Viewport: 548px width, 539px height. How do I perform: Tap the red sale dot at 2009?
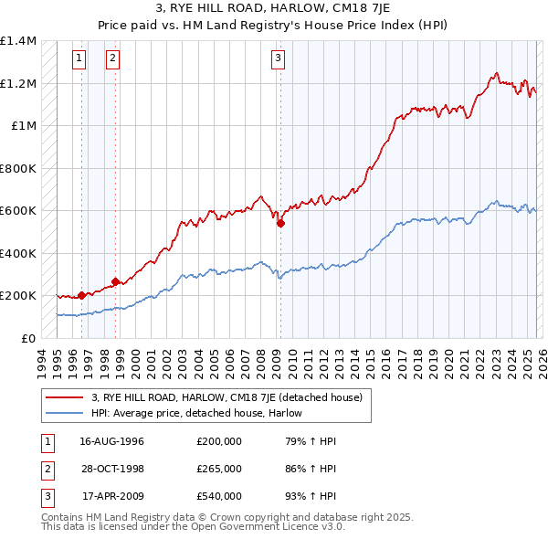280,222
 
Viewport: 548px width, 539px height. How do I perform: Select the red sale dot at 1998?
116,281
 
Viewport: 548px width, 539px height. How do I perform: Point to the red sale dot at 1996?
82,295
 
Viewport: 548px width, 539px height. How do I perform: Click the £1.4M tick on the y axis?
18,41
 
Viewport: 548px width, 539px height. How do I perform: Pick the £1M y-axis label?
24,126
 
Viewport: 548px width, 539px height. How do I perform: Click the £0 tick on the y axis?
28,338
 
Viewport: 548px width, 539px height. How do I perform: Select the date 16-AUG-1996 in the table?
111,441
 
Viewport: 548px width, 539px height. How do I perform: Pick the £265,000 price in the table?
218,469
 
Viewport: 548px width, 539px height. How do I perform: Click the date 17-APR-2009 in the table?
111,496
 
